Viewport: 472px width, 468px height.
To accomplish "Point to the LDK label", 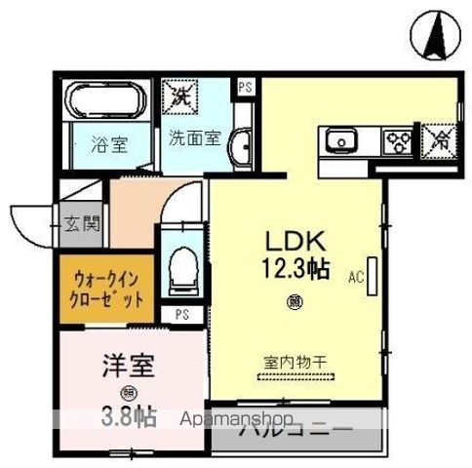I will coord(292,240).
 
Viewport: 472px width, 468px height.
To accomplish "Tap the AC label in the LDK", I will coord(357,277).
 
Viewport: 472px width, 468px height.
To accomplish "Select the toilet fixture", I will coord(181,271).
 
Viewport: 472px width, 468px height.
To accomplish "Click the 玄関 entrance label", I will coord(83,224).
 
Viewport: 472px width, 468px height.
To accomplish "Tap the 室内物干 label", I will coord(295,362).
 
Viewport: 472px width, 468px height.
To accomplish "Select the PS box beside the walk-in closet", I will coord(181,315).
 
